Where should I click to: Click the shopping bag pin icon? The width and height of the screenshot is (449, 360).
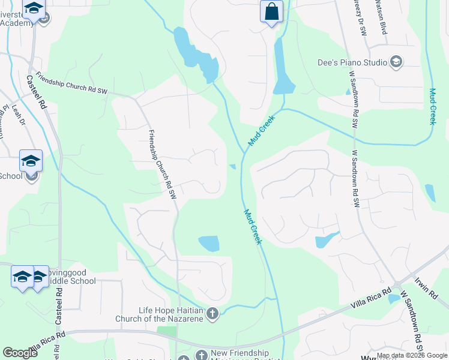point(271,11)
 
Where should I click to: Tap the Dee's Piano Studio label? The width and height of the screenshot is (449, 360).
point(352,61)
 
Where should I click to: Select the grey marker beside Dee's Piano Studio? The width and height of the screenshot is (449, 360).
point(396,61)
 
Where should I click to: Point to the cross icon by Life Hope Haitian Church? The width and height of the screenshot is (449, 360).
point(212,313)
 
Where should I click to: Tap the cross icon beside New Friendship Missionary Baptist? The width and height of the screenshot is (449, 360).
point(200,355)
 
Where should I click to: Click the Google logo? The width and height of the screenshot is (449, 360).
point(20,353)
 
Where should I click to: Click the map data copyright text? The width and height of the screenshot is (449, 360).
point(412,355)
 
